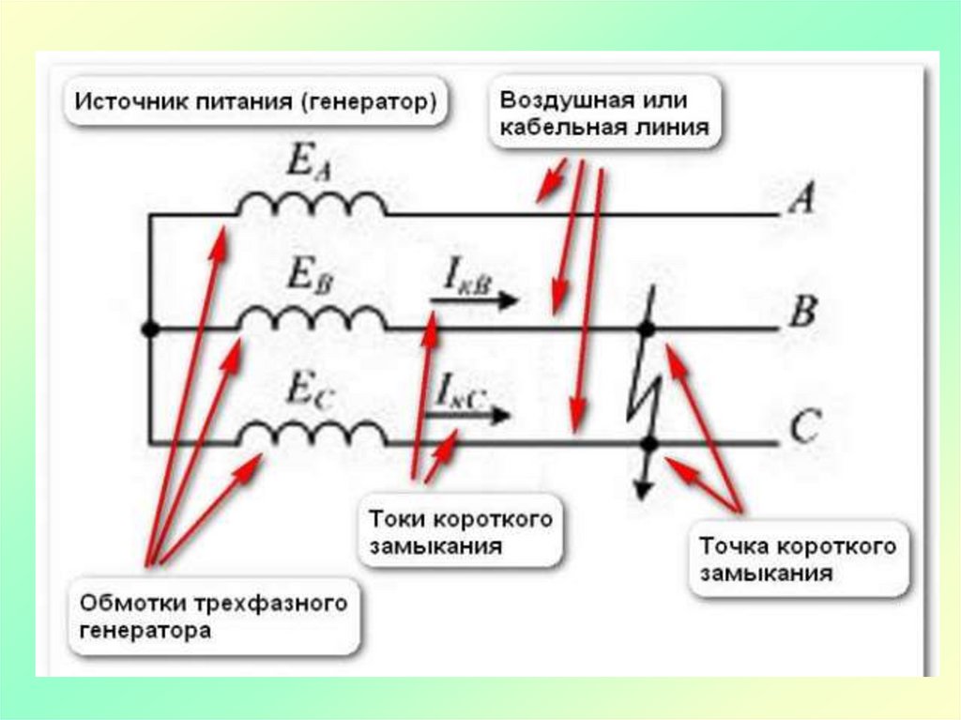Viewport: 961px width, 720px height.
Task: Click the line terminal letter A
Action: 802,199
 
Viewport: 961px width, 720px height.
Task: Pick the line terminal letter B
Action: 802,312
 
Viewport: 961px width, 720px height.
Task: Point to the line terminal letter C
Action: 804,428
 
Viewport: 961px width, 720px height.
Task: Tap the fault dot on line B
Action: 646,329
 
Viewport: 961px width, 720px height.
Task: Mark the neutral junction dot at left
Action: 148,329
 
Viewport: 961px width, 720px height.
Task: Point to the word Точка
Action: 730,545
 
